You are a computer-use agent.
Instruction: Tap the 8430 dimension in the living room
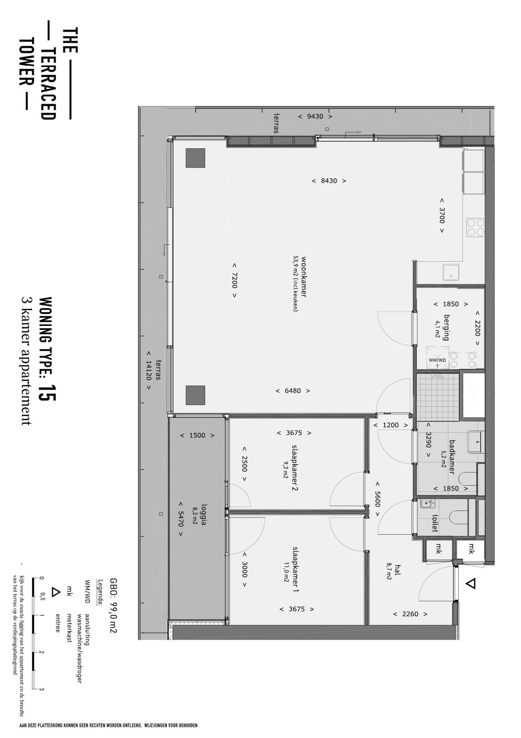click(329, 181)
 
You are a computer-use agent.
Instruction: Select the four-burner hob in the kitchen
click(475, 227)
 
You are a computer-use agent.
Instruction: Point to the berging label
click(447, 327)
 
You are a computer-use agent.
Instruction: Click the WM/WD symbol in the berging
click(438, 358)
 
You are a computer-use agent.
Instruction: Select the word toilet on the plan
click(435, 522)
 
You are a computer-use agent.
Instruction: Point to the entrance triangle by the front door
click(471, 584)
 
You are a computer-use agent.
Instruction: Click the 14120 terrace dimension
click(149, 370)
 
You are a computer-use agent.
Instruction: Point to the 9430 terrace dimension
click(315, 117)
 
